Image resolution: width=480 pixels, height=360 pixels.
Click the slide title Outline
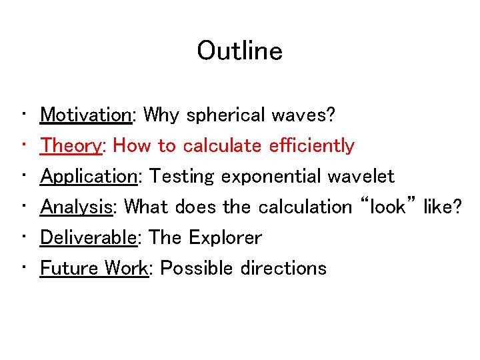pyautogui.click(x=239, y=51)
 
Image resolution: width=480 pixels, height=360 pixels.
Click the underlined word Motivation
pyautogui.click(x=86, y=115)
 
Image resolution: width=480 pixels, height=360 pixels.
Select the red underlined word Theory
pyautogui.click(x=71, y=146)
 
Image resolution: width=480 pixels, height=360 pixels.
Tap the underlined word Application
pyautogui.click(x=88, y=177)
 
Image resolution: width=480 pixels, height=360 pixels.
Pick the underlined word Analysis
pyautogui.click(x=75, y=207)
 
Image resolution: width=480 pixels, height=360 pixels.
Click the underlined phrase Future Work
pyautogui.click(x=93, y=268)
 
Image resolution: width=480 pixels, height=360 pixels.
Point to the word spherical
pyautogui.click(x=226, y=115)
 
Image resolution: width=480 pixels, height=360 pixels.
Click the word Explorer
pyautogui.click(x=225, y=238)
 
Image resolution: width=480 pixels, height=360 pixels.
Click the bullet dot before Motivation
pyautogui.click(x=23, y=115)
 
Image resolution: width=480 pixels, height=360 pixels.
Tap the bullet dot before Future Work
pyautogui.click(x=23, y=268)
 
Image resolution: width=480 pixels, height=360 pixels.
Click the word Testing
pyautogui.click(x=181, y=177)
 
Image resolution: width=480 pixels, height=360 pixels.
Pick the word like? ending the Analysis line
pyautogui.click(x=442, y=207)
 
